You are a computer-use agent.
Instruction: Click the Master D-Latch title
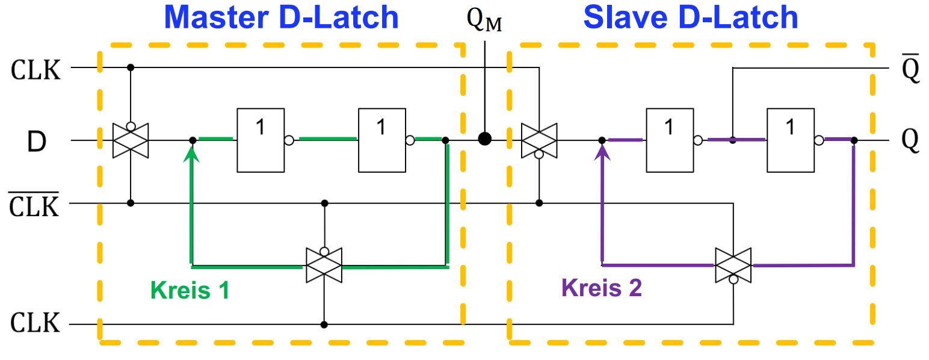coord(282,17)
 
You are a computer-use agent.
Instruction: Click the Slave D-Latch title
coord(691,17)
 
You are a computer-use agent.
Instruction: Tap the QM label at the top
coord(484,20)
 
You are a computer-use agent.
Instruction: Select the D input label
coord(37,141)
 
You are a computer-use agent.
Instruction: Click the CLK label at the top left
coord(35,70)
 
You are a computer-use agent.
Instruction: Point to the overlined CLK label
coord(34,205)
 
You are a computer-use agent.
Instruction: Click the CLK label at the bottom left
coord(35,323)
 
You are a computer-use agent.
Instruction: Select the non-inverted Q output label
coord(911,141)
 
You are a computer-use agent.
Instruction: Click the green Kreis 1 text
coord(190,290)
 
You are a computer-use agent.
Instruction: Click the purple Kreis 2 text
coord(601,287)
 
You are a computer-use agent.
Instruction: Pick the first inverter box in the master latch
coord(261,140)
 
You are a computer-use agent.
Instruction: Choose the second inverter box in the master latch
coord(382,140)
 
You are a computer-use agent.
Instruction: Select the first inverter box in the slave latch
coord(670,140)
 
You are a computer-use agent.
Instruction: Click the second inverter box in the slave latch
coord(791,140)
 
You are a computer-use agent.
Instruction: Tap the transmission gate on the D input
coord(131,140)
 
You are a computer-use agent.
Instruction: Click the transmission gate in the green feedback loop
coord(324,265)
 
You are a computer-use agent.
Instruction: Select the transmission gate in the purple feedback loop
coord(733,265)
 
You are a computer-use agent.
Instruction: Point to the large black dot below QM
coord(485,138)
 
